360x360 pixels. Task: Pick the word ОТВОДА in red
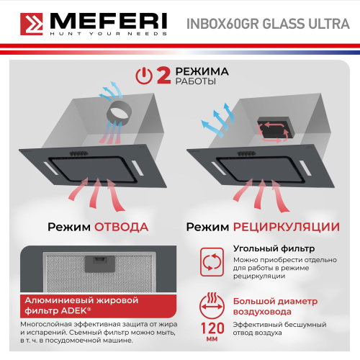[122, 227]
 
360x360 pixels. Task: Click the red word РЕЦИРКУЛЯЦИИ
[285, 227]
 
